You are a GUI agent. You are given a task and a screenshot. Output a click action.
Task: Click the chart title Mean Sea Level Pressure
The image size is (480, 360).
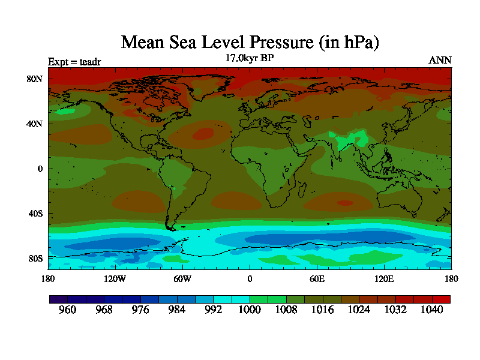coord(250,43)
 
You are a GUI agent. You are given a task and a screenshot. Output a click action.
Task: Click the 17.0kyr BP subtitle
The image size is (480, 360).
coord(250,59)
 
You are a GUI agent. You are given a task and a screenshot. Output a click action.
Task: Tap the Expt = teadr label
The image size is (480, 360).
coord(76,61)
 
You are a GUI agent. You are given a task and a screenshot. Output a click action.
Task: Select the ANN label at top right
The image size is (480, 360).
coord(440,60)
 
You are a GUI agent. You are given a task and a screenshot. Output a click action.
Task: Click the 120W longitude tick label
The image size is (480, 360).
coord(115,278)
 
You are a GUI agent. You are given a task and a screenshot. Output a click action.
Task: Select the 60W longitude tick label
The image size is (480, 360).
coord(182,278)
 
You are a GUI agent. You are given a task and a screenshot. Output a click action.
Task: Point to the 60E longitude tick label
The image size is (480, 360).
coord(317,278)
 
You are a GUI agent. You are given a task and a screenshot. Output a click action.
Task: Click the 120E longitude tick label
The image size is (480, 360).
coord(384,278)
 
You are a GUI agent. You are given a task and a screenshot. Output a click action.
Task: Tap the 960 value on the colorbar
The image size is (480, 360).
coord(68,310)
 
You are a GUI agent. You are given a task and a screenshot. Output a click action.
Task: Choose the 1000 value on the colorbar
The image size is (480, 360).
coord(250,310)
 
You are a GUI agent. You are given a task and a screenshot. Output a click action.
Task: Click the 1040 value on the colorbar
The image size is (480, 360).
coord(431,310)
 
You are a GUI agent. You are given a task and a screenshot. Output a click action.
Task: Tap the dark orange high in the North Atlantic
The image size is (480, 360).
coord(203,133)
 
